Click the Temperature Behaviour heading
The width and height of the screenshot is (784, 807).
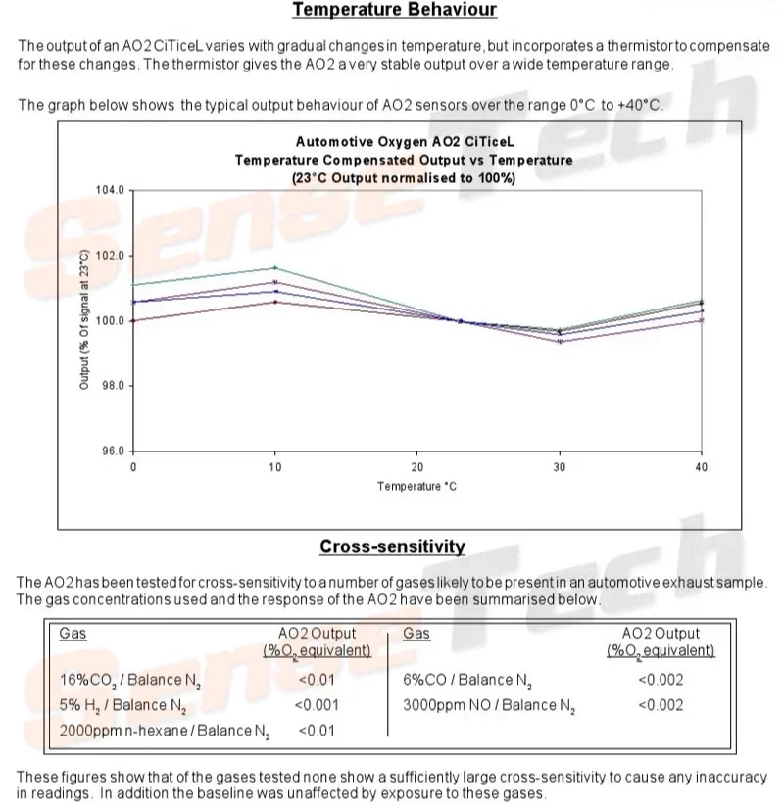click(394, 11)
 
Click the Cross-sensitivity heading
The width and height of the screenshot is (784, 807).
click(392, 546)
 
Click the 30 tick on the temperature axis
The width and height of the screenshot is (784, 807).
click(559, 468)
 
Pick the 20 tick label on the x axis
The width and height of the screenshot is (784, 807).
click(416, 468)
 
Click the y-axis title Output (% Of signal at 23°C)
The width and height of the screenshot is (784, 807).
click(84, 321)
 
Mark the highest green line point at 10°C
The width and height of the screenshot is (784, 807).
click(275, 267)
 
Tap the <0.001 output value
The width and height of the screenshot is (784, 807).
click(317, 705)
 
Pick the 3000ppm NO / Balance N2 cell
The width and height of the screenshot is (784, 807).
click(487, 705)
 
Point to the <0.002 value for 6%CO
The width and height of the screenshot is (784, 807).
click(660, 680)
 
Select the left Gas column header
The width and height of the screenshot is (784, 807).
click(73, 634)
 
